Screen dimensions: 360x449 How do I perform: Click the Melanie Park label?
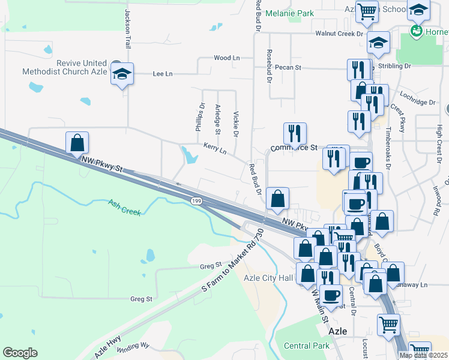click(289, 13)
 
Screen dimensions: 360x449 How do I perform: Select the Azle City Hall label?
click(268, 277)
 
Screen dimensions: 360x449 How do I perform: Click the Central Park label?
click(306, 346)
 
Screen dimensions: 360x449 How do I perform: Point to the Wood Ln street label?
click(226, 58)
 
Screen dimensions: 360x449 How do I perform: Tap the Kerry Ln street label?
click(214, 148)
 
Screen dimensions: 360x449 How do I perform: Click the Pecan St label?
click(288, 68)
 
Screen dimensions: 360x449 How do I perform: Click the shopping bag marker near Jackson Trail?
click(77, 143)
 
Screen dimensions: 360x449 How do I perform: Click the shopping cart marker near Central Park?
click(388, 325)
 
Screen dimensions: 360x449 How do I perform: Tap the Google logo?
click(20, 353)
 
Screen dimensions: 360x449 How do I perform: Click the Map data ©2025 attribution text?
click(423, 355)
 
